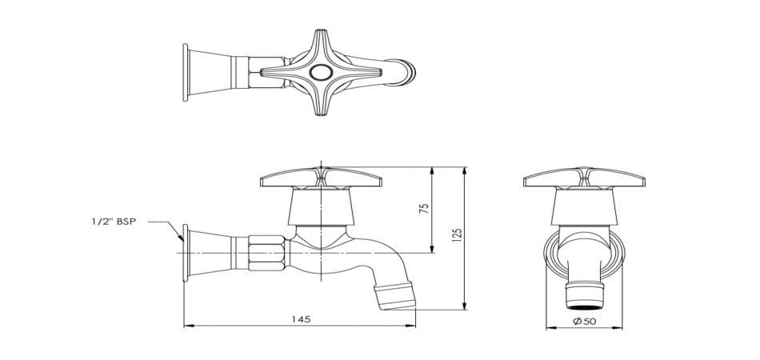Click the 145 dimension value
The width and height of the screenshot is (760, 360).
point(300,318)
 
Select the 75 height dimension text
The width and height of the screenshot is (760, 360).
point(425,207)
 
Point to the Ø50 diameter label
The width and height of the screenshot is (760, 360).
point(584,321)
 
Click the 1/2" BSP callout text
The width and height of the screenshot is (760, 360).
point(114,222)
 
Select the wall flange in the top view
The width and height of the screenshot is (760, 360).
point(186,73)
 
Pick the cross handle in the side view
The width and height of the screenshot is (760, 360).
point(320,178)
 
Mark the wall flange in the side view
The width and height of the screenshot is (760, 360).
point(186,253)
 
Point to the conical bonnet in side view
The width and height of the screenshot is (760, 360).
point(320,207)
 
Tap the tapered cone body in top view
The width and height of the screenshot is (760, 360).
point(211,73)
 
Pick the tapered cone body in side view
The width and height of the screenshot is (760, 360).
point(211,253)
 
